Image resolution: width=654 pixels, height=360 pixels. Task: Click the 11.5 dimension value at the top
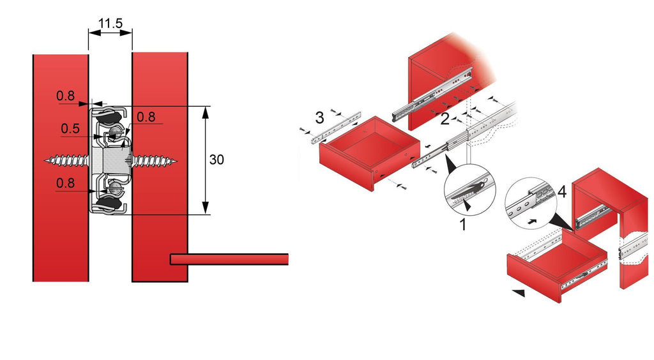click(x=110, y=24)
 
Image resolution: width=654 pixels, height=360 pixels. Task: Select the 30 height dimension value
click(x=217, y=160)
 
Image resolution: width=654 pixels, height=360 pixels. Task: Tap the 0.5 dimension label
click(x=70, y=129)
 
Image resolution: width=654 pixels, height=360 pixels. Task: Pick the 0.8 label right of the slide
click(x=146, y=117)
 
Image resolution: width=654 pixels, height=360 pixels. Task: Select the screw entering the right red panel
click(x=153, y=160)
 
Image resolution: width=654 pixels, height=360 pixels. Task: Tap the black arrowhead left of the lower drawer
click(x=519, y=293)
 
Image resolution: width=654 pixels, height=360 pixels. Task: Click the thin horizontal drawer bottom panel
click(x=230, y=259)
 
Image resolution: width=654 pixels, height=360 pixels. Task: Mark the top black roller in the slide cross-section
click(x=110, y=116)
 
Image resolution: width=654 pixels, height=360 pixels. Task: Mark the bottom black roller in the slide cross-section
click(x=110, y=204)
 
